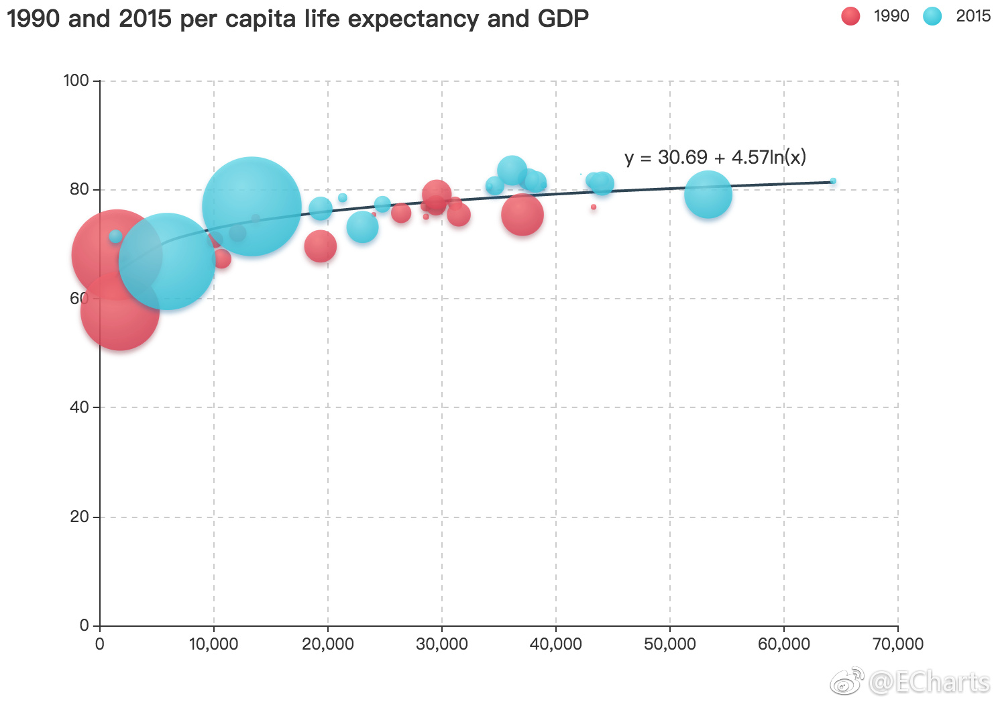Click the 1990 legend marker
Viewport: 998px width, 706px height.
[x=850, y=16]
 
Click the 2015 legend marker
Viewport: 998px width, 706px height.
[x=932, y=16]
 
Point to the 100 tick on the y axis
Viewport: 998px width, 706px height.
[x=76, y=81]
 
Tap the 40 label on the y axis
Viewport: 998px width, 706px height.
[x=80, y=407]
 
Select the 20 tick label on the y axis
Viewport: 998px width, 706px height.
[x=80, y=517]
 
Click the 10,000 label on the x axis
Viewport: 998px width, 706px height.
[x=213, y=644]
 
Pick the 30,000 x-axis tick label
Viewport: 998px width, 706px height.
[x=441, y=644]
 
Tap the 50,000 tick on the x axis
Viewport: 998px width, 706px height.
[x=669, y=644]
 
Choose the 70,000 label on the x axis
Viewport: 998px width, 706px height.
[x=897, y=644]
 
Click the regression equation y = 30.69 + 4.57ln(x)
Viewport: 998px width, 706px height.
[x=715, y=157]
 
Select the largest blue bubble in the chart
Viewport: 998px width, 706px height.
[x=252, y=207]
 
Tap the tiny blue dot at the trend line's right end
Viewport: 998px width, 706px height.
[x=833, y=181]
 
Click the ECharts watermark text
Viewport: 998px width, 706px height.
[x=929, y=683]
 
